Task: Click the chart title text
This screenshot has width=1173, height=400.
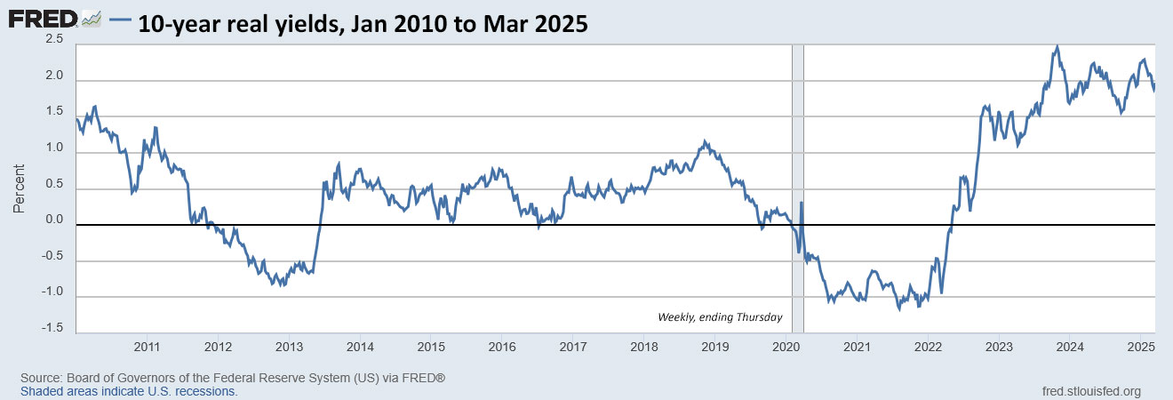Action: (363, 24)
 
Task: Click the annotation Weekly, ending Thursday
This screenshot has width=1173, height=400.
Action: (720, 317)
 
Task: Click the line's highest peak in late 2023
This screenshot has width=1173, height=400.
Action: (1057, 46)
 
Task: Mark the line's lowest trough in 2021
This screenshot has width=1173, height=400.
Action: (899, 309)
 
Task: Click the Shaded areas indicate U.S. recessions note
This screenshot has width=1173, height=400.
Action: (129, 391)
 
